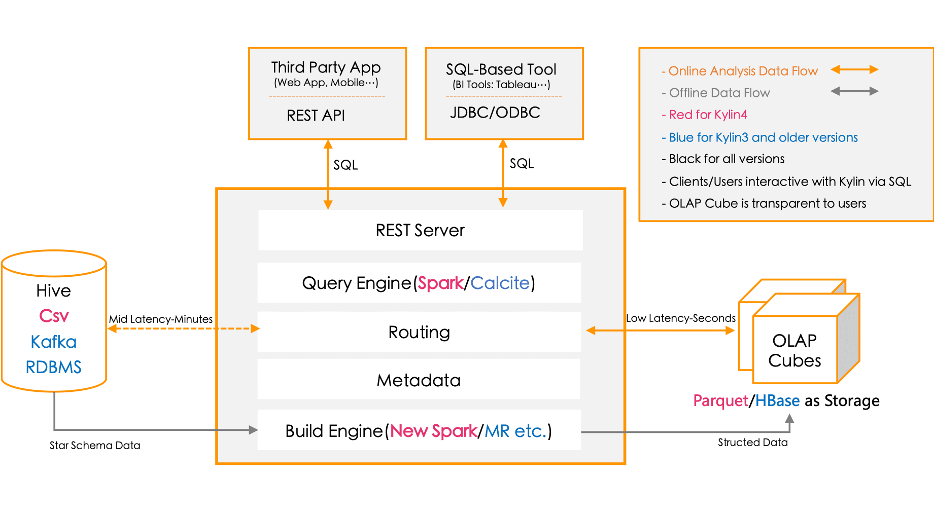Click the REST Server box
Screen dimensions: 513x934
point(420,230)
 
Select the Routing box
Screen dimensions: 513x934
point(419,332)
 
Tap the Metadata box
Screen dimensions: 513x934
point(419,380)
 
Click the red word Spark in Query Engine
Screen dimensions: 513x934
point(440,283)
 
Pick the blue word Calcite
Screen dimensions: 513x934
point(500,283)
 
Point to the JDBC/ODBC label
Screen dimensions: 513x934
point(495,113)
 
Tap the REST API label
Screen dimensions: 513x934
point(316,116)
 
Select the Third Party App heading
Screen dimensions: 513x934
point(326,67)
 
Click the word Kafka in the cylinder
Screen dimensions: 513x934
point(53,342)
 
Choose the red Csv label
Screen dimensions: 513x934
point(53,316)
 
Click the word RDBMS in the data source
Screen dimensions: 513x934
point(53,367)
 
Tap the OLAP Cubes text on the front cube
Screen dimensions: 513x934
point(794,350)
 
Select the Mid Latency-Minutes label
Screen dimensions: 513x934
point(161,319)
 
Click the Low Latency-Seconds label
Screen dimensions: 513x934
point(680,318)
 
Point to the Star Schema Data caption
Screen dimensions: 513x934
point(95,446)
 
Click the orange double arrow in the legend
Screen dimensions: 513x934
point(854,69)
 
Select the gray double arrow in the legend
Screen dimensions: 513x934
point(854,91)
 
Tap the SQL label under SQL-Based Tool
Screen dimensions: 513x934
point(521,164)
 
